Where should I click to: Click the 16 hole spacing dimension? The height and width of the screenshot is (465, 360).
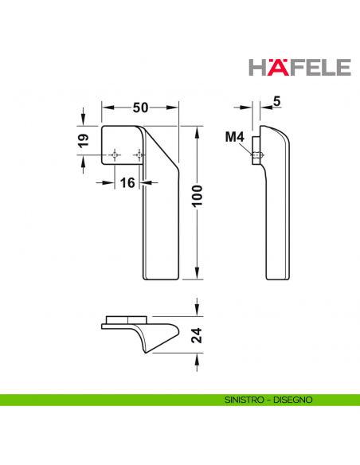pos(127,182)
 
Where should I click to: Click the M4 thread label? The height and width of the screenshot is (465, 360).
pos(234,137)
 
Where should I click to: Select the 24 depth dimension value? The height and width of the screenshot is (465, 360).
pos(197,335)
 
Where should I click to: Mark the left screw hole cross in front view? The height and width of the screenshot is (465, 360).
pos(116,155)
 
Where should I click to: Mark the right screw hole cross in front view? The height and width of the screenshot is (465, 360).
pos(140,155)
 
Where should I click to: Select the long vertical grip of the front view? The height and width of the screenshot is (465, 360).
pos(157,231)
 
